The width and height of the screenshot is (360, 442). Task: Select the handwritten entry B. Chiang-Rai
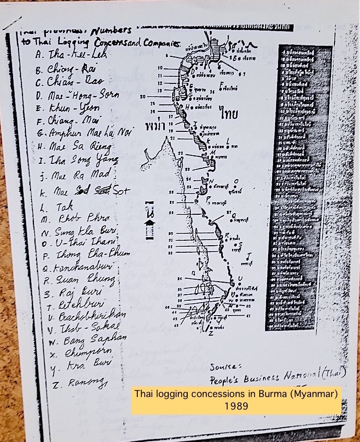(62, 68)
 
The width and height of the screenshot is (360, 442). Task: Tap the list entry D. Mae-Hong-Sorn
(70, 94)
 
